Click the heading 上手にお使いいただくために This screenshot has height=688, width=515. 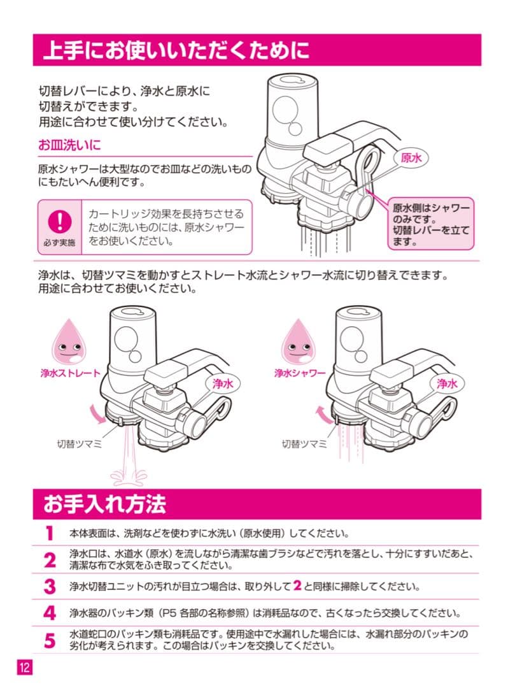coord(176,50)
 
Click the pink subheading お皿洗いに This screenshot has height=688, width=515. coord(69,145)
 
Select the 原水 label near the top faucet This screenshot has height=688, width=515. coord(411,158)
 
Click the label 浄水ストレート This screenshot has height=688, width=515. coord(69,373)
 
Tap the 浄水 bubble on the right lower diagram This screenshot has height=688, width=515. coord(448,383)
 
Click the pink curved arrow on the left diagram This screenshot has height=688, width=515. coord(98,414)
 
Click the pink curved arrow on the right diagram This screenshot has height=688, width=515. coord(323,415)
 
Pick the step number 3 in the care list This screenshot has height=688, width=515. coord(50,585)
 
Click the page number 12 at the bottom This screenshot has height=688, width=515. coord(24,668)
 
